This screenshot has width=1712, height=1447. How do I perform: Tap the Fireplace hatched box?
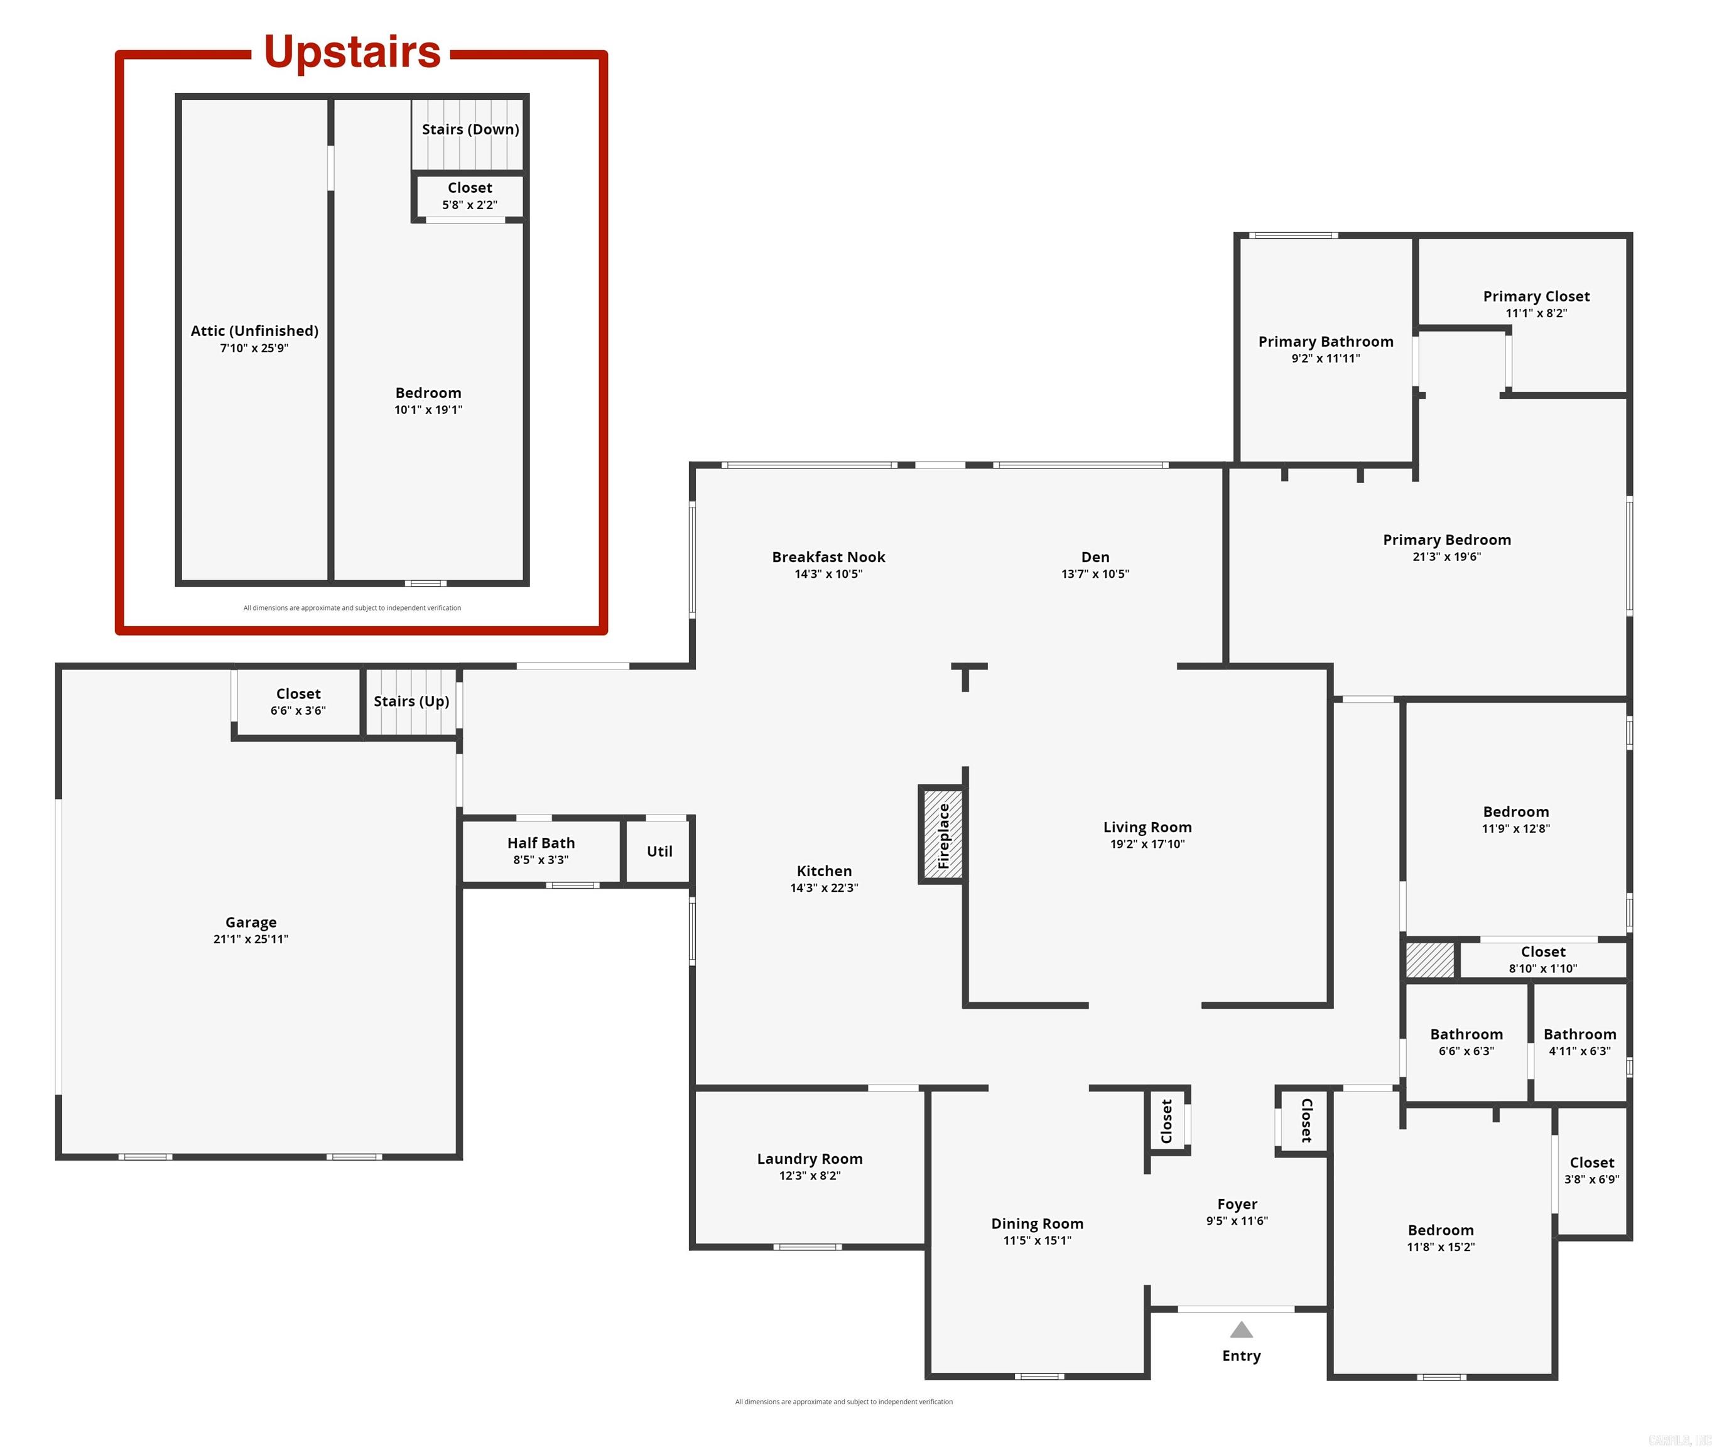(x=943, y=834)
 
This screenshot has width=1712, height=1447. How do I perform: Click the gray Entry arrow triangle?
(x=1240, y=1330)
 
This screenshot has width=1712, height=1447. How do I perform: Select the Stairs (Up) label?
(x=411, y=702)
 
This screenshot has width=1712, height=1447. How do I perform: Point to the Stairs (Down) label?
(x=470, y=129)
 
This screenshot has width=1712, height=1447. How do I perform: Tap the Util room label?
(x=659, y=852)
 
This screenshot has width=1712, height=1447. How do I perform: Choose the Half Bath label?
(x=541, y=843)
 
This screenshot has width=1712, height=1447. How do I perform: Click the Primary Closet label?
(x=1536, y=296)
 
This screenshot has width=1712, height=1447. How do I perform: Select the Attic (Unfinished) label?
(x=254, y=330)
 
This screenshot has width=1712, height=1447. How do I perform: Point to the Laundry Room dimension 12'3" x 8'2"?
(x=809, y=1176)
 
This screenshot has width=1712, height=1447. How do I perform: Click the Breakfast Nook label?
(x=828, y=557)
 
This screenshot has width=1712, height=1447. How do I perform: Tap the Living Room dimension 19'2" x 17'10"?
(x=1147, y=844)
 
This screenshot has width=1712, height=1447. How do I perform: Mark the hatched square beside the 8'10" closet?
(x=1430, y=960)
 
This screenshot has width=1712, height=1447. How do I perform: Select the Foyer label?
(x=1236, y=1204)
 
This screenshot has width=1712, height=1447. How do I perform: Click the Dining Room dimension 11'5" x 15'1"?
(x=1037, y=1240)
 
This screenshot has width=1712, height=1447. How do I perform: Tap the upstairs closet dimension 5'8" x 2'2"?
(x=469, y=205)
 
